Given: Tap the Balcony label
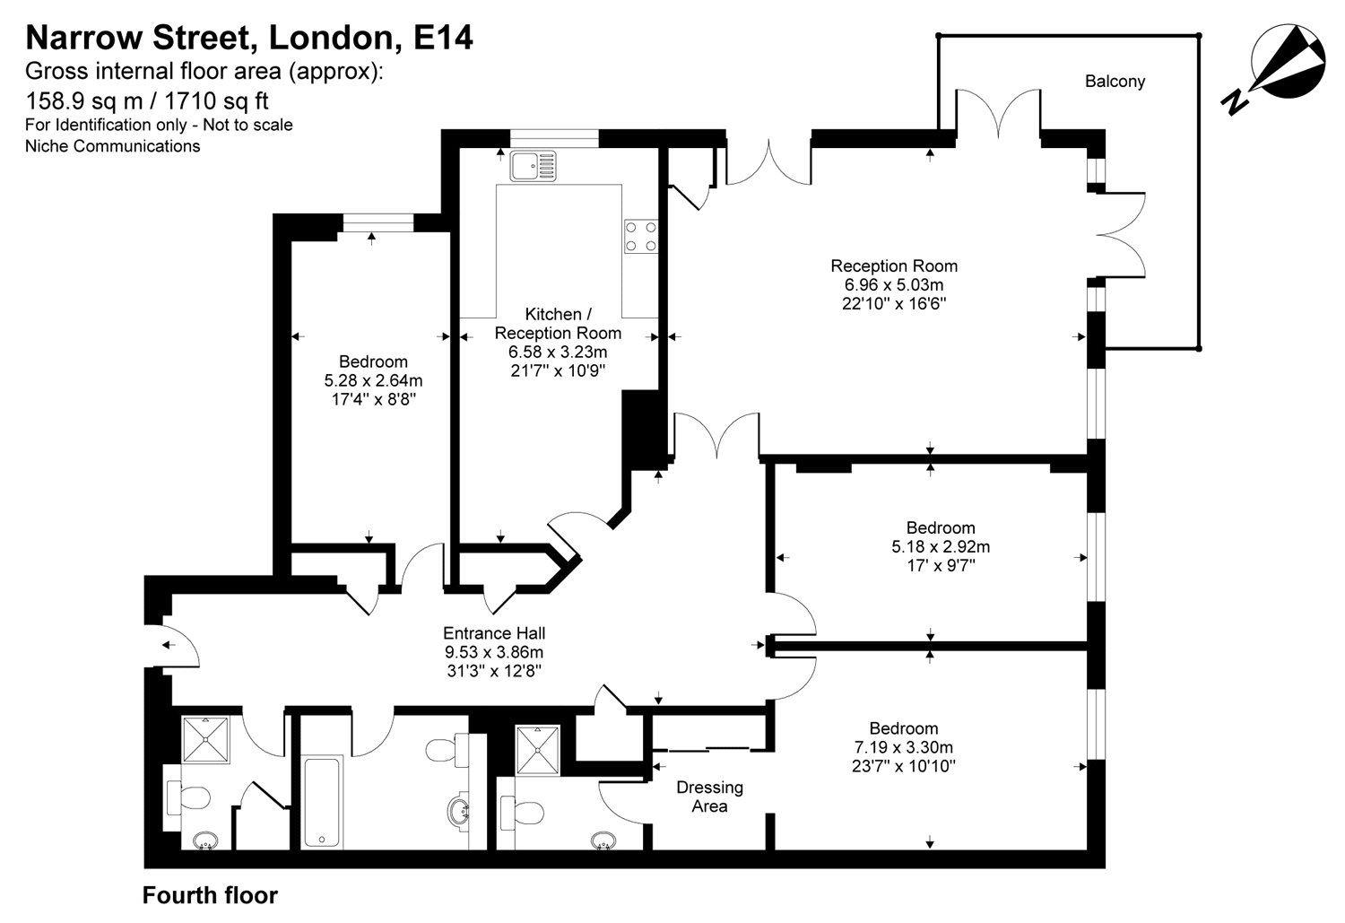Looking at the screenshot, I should click(x=1115, y=82).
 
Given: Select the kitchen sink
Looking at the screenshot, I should click(x=533, y=165).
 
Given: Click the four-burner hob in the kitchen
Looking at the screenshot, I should click(x=641, y=236).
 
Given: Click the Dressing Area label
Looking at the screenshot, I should click(x=709, y=797).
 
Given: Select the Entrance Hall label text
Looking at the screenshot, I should click(x=494, y=632).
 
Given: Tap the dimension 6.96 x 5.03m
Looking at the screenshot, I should click(x=893, y=284).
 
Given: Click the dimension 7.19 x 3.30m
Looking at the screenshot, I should click(x=903, y=747).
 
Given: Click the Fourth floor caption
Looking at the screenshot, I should click(x=211, y=895).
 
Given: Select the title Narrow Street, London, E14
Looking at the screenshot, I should click(x=249, y=38).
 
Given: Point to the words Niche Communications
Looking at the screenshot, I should click(x=113, y=145).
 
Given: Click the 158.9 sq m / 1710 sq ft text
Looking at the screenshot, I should click(x=148, y=100).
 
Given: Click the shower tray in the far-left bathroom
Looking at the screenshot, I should click(x=208, y=738).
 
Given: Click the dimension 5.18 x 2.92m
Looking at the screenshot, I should click(x=941, y=546).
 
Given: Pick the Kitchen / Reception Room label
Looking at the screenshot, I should click(x=558, y=323).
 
